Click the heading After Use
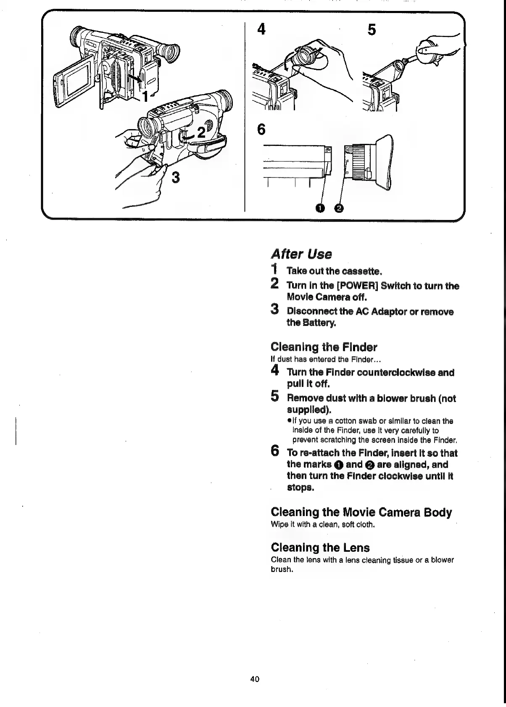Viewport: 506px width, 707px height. pyautogui.click(x=301, y=254)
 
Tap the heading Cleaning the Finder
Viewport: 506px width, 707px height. pyautogui.click(x=324, y=347)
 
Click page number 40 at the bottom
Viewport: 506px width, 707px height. pyautogui.click(x=254, y=679)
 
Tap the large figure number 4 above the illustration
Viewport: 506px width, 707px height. pyautogui.click(x=262, y=30)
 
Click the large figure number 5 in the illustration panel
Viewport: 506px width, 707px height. pyautogui.click(x=372, y=30)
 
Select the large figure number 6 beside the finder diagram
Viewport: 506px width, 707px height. pyautogui.click(x=261, y=130)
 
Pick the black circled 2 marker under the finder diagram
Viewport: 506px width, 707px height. pyautogui.click(x=339, y=208)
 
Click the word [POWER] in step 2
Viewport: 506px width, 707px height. pyautogui.click(x=357, y=286)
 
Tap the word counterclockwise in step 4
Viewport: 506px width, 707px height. pyautogui.click(x=391, y=373)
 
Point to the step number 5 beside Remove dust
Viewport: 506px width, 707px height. pyautogui.click(x=275, y=397)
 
